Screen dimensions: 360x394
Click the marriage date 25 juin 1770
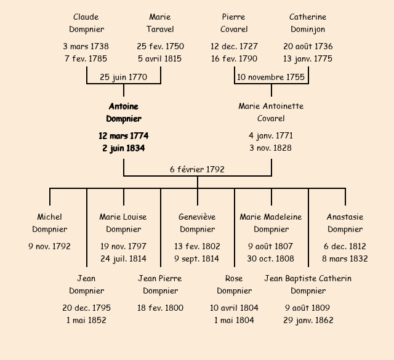123,77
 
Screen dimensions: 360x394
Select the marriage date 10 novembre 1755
271,77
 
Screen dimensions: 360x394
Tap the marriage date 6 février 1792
197,169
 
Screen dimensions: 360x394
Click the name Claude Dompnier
86,23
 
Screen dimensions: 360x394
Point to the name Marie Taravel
160,23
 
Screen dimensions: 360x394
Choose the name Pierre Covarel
234,23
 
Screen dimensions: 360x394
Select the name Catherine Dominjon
308,23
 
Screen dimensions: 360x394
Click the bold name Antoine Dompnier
123,113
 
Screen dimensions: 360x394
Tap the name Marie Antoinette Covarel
271,112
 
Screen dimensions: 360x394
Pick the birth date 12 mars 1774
123,135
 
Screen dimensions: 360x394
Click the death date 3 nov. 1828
271,148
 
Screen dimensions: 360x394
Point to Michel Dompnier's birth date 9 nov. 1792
49,246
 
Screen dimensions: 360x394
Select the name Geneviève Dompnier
197,223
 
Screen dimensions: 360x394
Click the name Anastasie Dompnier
345,223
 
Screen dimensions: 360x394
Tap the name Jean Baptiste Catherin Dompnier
308,284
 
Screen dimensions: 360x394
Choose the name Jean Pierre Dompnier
160,284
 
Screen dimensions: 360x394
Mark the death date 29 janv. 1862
308,320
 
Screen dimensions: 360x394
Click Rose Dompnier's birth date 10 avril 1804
234,308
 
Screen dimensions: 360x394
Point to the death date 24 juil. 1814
123,258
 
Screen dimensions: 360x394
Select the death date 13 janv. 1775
308,58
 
